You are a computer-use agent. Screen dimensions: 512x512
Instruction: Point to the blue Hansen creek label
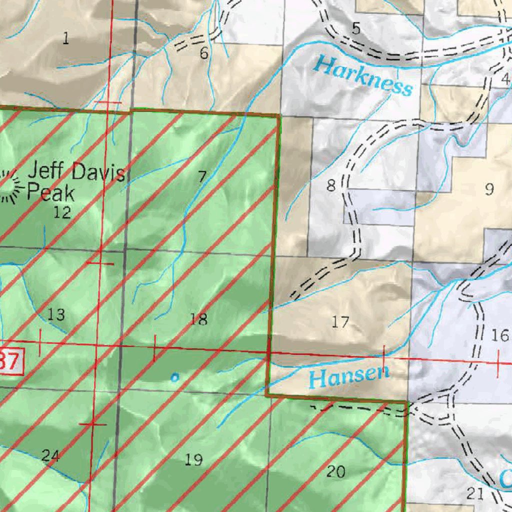coord(349,376)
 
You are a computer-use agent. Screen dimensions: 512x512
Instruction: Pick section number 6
coord(203,53)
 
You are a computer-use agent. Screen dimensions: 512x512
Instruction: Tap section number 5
coord(355,29)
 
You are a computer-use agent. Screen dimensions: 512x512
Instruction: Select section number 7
coord(202,176)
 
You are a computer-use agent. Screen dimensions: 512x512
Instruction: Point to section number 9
coord(489,189)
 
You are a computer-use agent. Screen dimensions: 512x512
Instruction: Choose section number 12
coord(62,213)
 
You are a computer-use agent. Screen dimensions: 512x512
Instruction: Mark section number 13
coord(56,315)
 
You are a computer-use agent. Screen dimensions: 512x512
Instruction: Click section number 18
coord(198,319)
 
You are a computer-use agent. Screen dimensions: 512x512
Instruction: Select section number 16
coord(499,335)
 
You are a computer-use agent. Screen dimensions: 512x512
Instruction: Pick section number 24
coord(50,455)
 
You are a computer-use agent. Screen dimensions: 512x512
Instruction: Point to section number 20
coord(335,471)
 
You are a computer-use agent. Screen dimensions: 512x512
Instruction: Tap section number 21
coord(474,494)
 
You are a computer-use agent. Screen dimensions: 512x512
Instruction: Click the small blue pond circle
coord(174,378)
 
